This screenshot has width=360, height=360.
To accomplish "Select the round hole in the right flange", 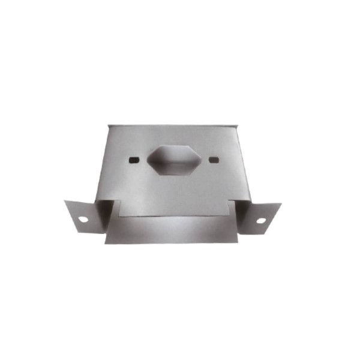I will pyautogui.click(x=262, y=221).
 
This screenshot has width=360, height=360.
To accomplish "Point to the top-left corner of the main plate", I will pyautogui.click(x=109, y=125).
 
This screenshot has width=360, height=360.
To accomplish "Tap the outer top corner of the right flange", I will pyautogui.click(x=281, y=204).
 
